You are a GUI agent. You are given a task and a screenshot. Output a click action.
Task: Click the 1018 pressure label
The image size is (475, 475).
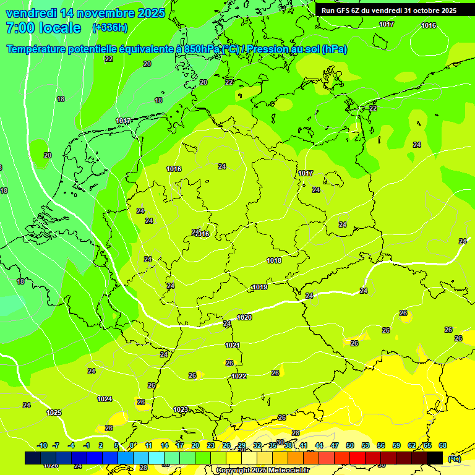coord(274,260)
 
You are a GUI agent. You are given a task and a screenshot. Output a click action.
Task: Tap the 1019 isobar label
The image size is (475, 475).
coord(260,288)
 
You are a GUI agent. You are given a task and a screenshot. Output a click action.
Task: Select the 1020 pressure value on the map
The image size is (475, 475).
coord(244,317)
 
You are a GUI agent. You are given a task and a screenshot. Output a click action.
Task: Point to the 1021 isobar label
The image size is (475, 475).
coord(233,345)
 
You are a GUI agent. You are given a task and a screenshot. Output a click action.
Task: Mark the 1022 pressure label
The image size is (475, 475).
coord(239,376)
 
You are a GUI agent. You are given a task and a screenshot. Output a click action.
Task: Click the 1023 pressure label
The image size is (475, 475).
coord(181,409)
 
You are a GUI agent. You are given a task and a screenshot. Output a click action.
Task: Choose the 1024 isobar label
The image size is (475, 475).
coord(105,399)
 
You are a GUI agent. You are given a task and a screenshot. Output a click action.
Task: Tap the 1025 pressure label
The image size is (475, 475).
coord(54,413)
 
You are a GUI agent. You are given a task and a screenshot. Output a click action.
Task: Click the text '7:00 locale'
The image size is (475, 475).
coord(43,28)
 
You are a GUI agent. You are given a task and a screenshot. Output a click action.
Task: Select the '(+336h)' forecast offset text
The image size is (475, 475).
coord(109,28)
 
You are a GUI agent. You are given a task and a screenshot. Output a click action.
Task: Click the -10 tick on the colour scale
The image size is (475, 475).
coord(42,445)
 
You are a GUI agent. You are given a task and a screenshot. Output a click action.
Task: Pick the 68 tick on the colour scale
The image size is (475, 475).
coord(443,445)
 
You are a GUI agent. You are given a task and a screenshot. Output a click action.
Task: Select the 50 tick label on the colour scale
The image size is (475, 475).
coord(350,445)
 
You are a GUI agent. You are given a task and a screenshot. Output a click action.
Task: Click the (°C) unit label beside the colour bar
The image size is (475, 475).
coord(454,458)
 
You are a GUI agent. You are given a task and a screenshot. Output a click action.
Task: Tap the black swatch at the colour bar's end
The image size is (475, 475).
coord(435,458)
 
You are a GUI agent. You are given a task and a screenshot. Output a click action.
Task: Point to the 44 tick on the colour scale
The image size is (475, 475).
coord(319,445)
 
